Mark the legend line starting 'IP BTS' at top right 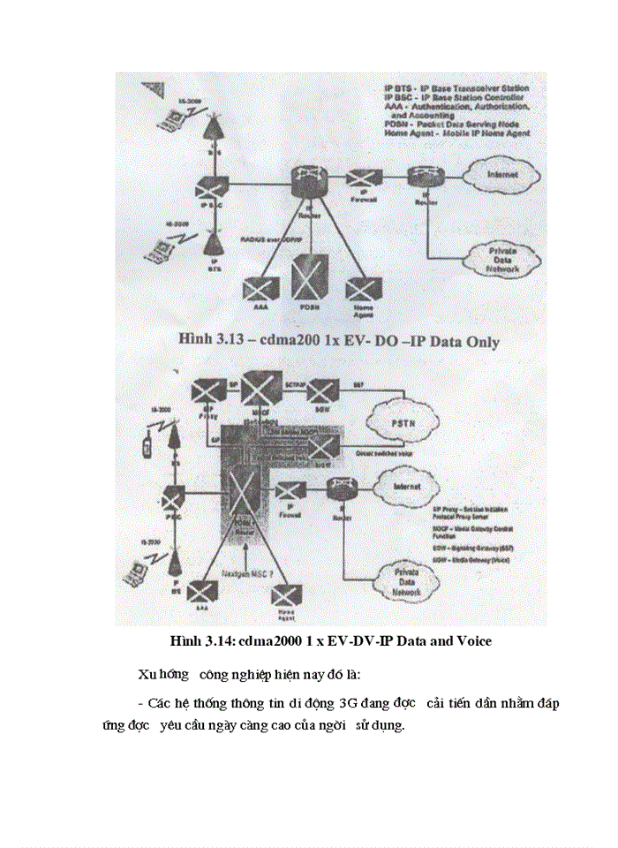click(x=456, y=89)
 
